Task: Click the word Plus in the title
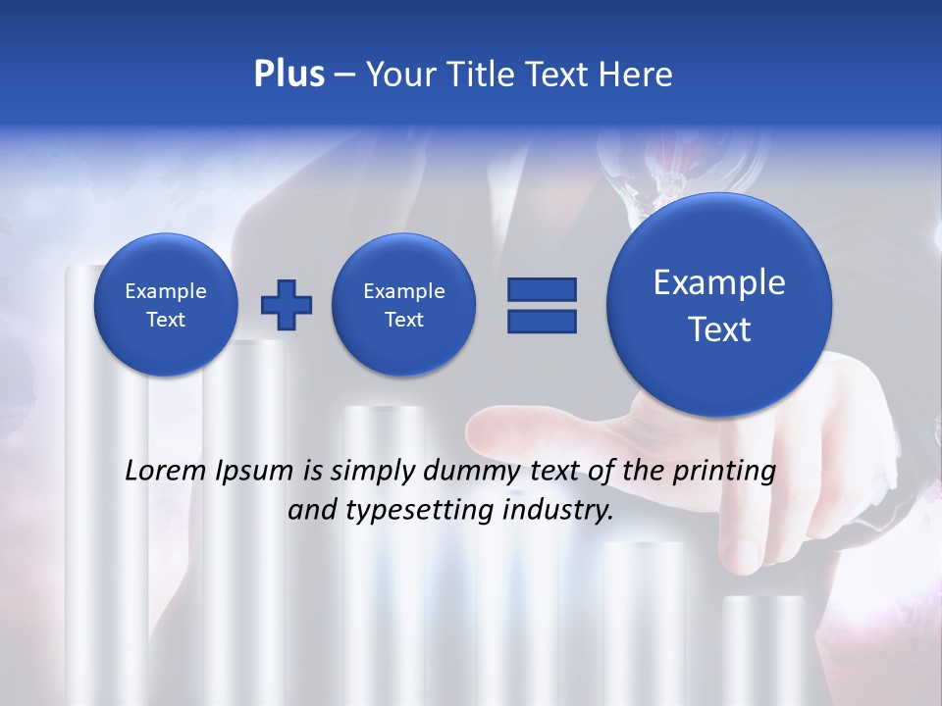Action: [x=289, y=75]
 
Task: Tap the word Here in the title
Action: [x=637, y=75]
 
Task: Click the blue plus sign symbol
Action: [x=287, y=305]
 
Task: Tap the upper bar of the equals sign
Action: [x=541, y=289]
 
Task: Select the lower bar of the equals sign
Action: [x=541, y=321]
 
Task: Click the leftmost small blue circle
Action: [x=165, y=305]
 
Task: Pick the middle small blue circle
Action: [x=403, y=305]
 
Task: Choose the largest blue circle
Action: [x=719, y=305]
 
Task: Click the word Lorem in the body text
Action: [x=166, y=471]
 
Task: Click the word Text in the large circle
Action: [x=719, y=329]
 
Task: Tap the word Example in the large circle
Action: [x=719, y=282]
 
